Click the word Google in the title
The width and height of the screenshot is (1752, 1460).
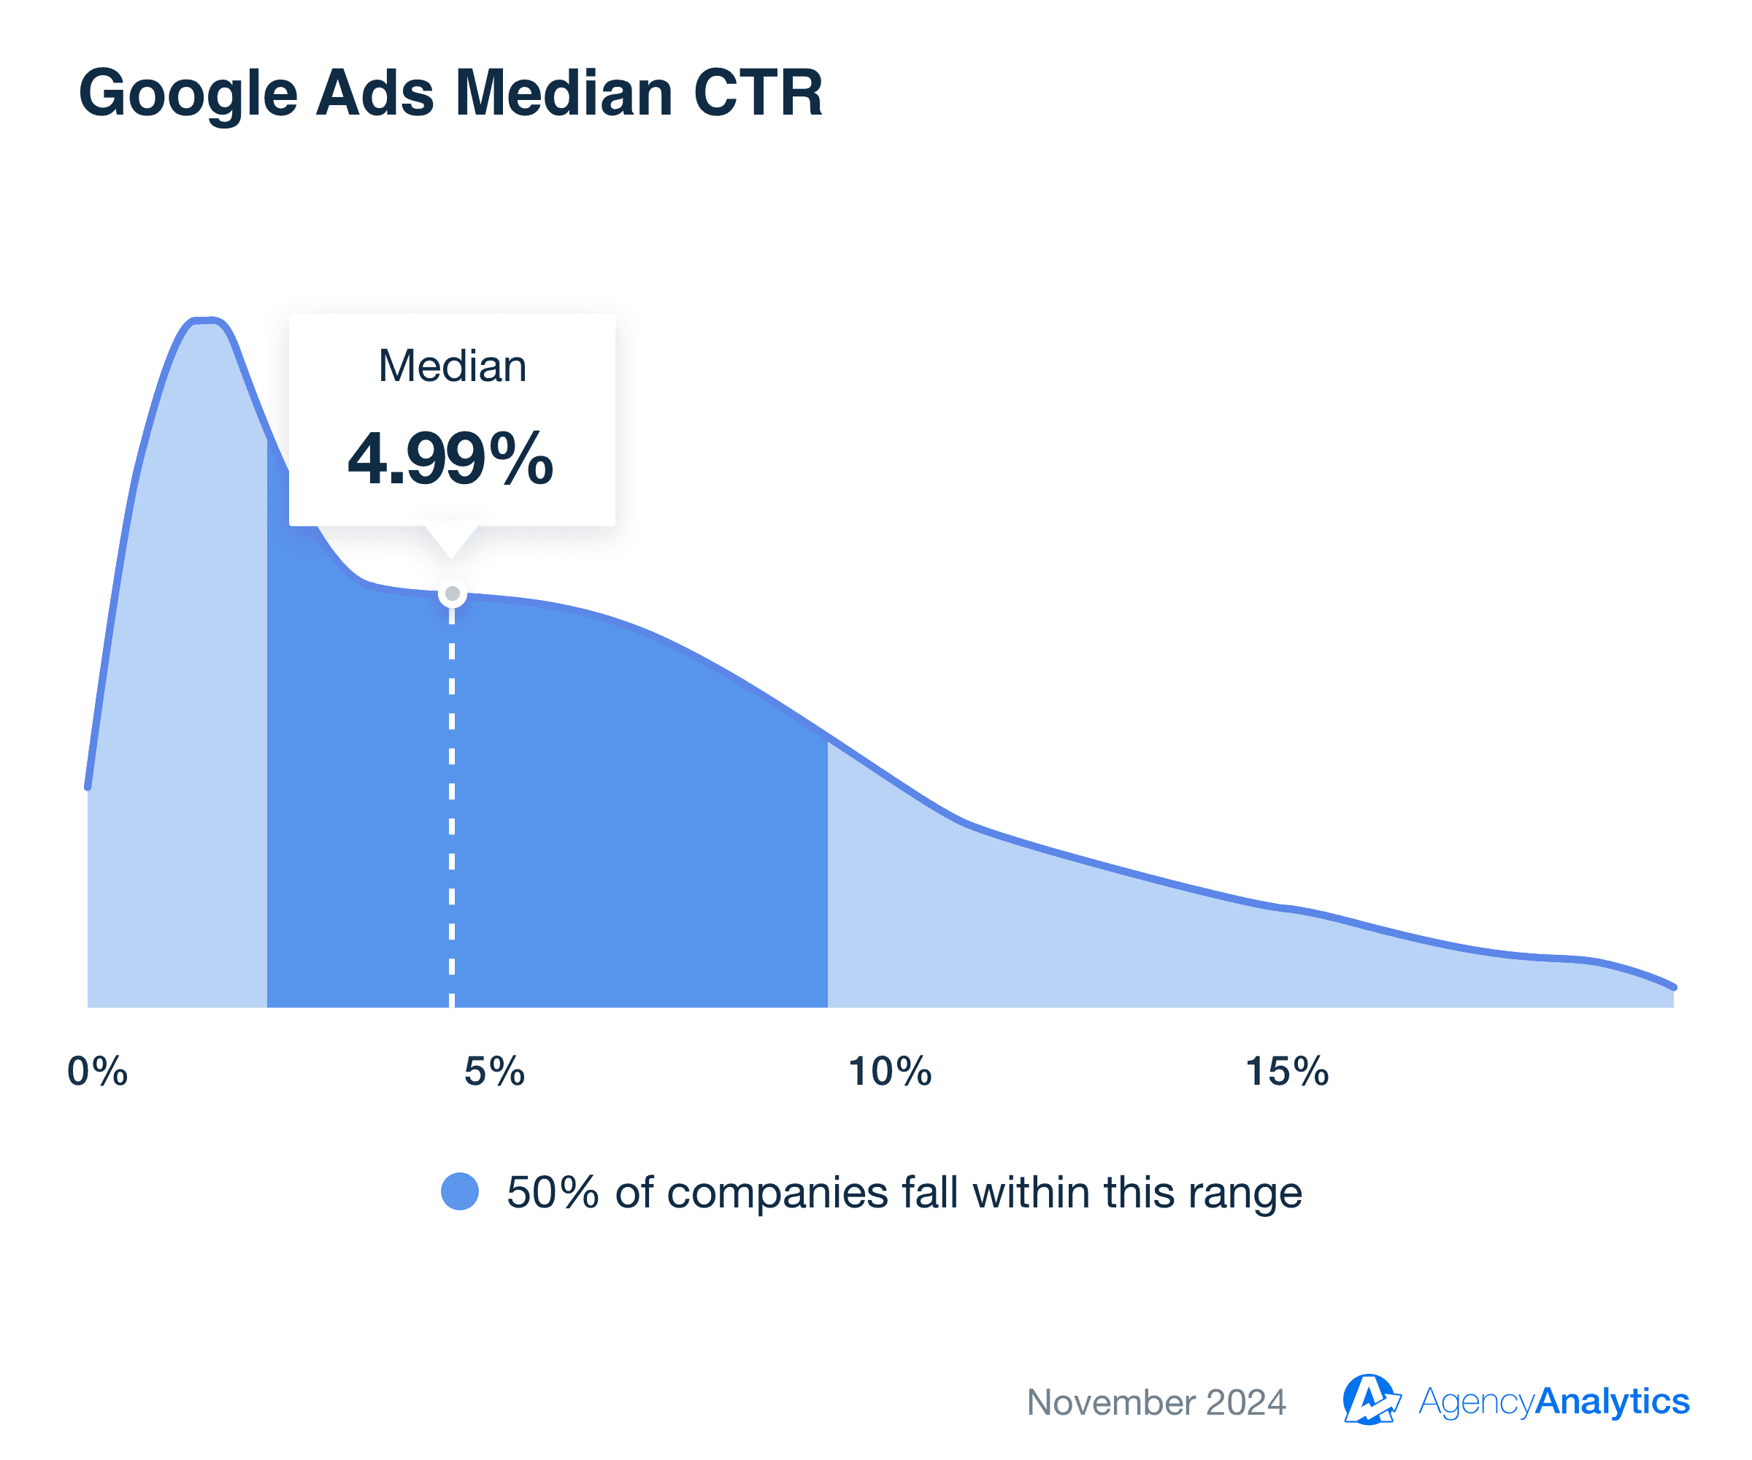(188, 93)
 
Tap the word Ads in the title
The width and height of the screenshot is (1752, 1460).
(374, 93)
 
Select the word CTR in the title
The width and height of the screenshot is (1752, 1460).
(758, 93)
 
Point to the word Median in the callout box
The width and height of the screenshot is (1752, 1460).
(452, 366)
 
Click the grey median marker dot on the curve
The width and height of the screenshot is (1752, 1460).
(452, 594)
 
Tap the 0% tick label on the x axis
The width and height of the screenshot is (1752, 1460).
(98, 1071)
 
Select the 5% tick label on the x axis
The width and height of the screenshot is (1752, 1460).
(495, 1071)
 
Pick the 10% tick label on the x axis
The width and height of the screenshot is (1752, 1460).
(889, 1071)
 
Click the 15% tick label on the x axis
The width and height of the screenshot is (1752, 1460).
(1286, 1071)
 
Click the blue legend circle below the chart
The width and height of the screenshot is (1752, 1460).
(460, 1191)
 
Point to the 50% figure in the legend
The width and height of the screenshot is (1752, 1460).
(553, 1192)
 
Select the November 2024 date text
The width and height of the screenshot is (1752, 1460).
(1156, 1402)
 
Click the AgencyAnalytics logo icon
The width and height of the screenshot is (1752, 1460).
(1370, 1400)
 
